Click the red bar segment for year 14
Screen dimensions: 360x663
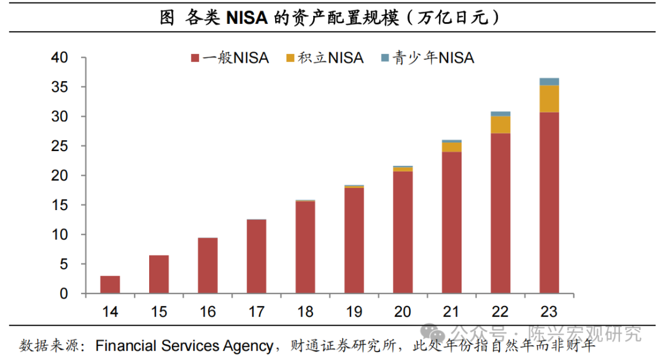coord(110,284)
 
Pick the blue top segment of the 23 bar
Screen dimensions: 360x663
coord(549,82)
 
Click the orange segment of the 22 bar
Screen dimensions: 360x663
coord(500,125)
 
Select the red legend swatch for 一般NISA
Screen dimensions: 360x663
coord(195,58)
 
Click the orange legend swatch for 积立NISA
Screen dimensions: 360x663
coord(290,58)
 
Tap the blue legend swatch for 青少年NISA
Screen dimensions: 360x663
coord(385,58)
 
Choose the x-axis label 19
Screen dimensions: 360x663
coord(354,312)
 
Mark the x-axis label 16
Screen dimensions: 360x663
coord(207,312)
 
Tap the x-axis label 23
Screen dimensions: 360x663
coord(549,312)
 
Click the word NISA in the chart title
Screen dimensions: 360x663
coord(247,18)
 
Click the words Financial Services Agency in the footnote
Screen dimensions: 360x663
coord(184,346)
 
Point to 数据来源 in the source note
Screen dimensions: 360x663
coord(46,346)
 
